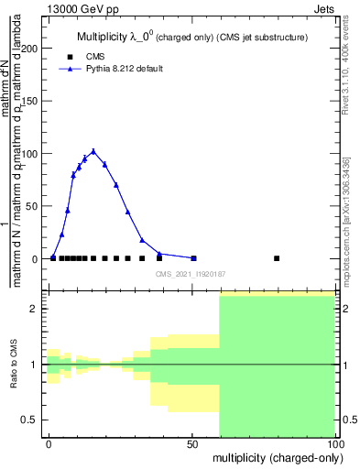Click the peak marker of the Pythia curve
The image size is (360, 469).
(93, 151)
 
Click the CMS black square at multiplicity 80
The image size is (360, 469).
(277, 258)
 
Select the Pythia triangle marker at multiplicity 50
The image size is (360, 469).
(193, 258)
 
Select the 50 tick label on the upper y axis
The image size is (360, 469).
(34, 206)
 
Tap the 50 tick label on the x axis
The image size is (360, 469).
(193, 442)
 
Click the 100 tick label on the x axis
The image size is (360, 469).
(334, 442)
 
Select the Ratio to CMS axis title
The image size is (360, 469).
(14, 364)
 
